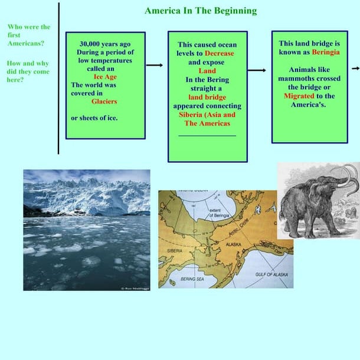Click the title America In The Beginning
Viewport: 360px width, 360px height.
201,11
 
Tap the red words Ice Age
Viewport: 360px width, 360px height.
106,76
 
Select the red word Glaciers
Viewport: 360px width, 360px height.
104,101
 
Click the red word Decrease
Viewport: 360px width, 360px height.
219,53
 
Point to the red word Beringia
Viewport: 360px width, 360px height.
326,52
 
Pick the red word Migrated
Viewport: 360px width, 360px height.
299,96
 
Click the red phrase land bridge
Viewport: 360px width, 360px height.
207,97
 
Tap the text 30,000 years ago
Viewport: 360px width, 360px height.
105,44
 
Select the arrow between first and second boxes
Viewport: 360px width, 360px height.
155,65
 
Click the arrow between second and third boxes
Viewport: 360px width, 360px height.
257,70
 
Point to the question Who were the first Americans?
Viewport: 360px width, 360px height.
29,35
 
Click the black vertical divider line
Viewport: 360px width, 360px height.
58,77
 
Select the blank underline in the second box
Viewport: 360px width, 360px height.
207,136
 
